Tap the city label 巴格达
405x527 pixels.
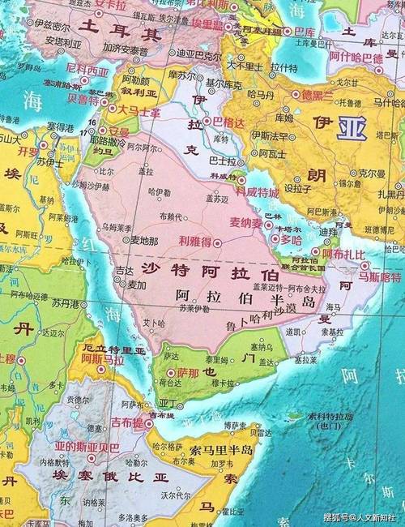224,122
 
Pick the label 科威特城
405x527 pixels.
257,192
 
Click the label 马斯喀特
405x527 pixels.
380,276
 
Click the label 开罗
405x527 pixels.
28,152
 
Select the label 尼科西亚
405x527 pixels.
87,71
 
